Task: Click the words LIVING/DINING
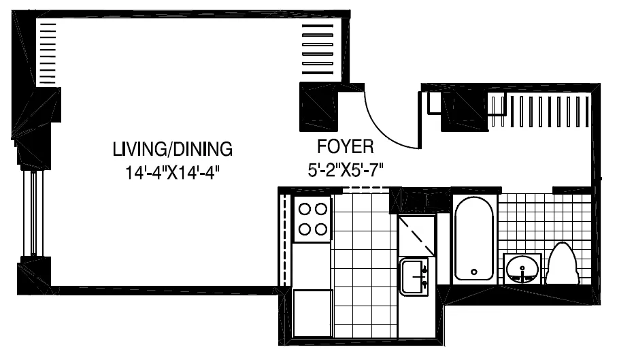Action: [173, 148]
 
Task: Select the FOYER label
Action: [346, 146]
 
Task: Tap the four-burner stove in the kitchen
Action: [312, 219]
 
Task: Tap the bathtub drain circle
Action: [473, 272]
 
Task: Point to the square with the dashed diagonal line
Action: [416, 234]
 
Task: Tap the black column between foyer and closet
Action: [462, 111]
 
